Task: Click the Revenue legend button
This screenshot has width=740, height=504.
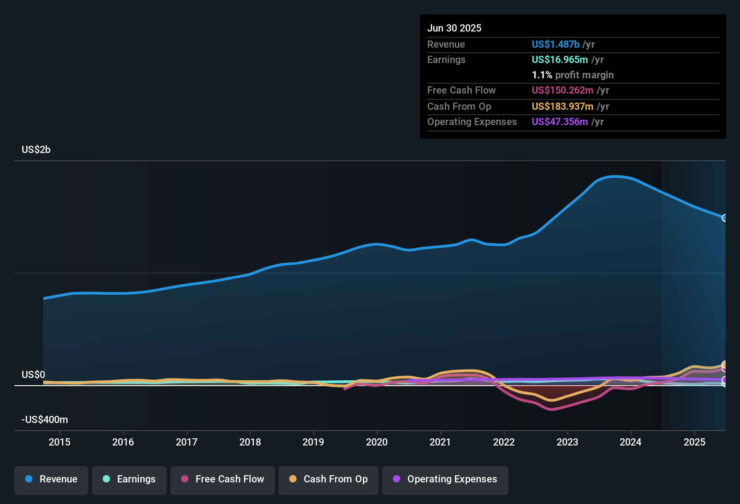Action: tap(51, 479)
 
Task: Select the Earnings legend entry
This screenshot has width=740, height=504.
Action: tap(129, 479)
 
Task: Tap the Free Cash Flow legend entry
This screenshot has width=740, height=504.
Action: tap(223, 479)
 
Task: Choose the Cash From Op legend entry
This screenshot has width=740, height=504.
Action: tap(329, 479)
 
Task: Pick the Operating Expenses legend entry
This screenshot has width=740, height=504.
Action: tap(445, 479)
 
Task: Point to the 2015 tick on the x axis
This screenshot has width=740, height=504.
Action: tap(59, 442)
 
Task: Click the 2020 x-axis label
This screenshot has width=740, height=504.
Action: tap(377, 442)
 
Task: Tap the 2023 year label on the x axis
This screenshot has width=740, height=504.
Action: tap(567, 442)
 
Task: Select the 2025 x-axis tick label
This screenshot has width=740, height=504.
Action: tap(694, 442)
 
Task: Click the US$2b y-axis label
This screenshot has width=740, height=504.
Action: tap(36, 150)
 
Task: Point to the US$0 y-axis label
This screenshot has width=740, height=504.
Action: tap(33, 375)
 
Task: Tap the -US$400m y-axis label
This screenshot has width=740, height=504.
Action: tap(45, 420)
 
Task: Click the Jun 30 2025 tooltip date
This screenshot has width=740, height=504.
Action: tap(454, 28)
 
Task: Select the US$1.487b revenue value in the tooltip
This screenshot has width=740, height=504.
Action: tap(556, 45)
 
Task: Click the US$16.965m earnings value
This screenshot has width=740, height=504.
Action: tap(560, 60)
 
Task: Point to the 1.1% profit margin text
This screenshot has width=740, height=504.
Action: tap(573, 75)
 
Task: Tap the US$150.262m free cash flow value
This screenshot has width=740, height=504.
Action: tap(562, 90)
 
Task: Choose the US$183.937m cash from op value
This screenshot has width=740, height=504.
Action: tap(562, 107)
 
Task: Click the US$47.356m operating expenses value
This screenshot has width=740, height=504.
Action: tap(560, 122)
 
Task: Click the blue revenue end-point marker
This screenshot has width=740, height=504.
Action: tap(724, 218)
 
